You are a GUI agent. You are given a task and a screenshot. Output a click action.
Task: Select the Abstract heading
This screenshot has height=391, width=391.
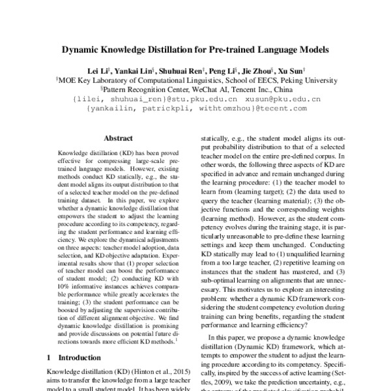pyautogui.click(x=118, y=139)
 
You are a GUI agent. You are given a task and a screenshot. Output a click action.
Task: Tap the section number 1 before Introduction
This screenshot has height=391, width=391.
pyautogui.click(x=50, y=357)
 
